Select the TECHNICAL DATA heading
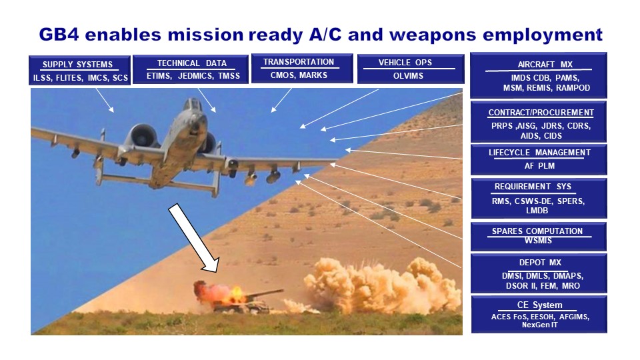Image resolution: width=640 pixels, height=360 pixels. pyautogui.click(x=191, y=63)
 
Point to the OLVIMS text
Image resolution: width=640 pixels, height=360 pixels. pyautogui.click(x=408, y=75)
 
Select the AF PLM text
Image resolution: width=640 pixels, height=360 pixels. pyautogui.click(x=539, y=166)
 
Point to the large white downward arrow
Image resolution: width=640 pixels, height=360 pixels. pyautogui.click(x=193, y=237)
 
